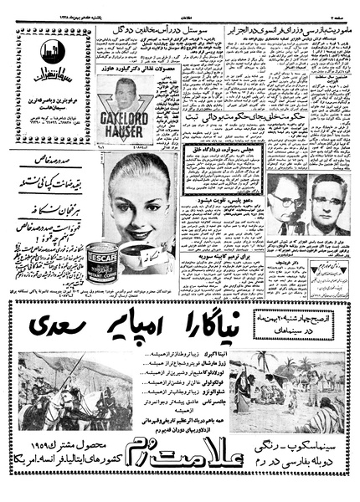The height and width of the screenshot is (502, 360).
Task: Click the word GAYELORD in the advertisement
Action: point(134,119)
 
